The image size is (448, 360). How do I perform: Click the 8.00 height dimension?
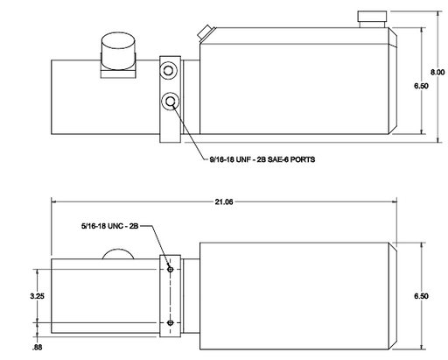pos(437,72)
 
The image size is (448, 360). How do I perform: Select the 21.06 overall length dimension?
pos(224,201)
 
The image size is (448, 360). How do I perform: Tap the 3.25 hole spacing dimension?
pos(37,296)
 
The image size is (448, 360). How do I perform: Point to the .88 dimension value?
pos(38,348)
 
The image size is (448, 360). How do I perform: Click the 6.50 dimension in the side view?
pos(421,86)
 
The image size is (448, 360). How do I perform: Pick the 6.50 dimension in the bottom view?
pos(421,296)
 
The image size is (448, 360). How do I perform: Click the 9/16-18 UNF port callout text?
pos(262,159)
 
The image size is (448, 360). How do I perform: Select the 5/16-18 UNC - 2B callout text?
pos(109,226)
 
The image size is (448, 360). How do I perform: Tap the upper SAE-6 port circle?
pos(168,70)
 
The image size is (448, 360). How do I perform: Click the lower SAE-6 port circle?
pos(170,101)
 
